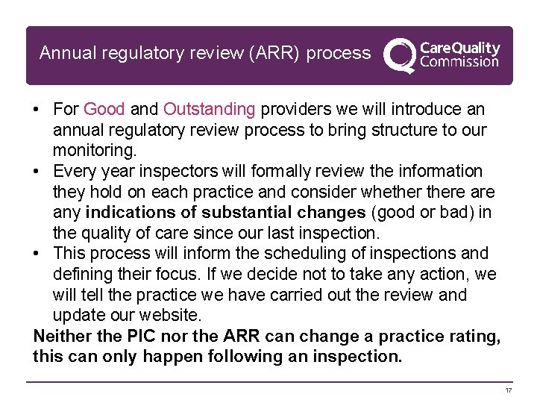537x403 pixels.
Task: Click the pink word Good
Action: [104, 110]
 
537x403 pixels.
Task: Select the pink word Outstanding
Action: [209, 110]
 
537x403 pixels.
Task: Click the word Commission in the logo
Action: [459, 62]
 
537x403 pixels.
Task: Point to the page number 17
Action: [509, 391]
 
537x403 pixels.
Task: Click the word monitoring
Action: [94, 150]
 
